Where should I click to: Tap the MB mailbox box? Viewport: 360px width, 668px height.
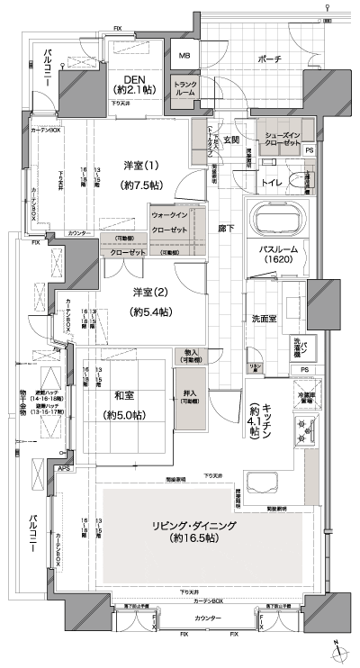point(184,56)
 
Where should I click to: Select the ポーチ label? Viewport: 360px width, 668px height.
point(269,59)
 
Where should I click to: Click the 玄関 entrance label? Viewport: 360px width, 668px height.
point(230,140)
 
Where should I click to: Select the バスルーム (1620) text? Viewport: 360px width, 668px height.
point(276,254)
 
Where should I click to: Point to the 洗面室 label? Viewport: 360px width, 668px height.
point(263,318)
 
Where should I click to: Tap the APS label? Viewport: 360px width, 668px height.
point(65,468)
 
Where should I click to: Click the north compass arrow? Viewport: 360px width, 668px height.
point(335,650)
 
